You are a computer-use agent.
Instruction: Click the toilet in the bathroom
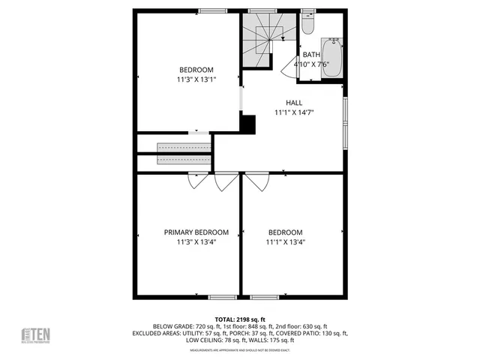coord(308,25)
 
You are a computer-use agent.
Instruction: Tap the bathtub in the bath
coord(331,56)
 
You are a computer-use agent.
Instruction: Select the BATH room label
coord(310,55)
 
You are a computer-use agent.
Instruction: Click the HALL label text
coord(294,103)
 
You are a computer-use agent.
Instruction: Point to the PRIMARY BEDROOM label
coord(196,232)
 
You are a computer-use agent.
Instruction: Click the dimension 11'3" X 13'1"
coord(196,79)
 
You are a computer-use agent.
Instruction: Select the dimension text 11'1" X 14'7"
coord(294,113)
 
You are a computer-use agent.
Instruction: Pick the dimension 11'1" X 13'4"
coord(285,242)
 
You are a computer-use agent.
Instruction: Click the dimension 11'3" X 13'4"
coord(196,242)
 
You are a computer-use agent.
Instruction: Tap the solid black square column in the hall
coord(248,124)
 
